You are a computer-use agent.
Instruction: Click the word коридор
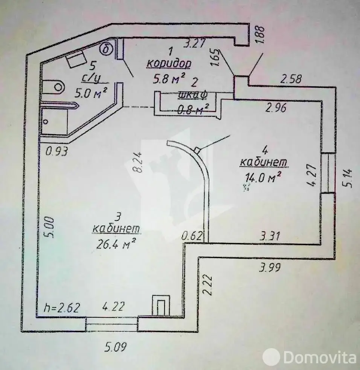coord(169,63)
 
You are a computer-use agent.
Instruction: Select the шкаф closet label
coord(192,95)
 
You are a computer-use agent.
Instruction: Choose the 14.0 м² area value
coord(264,177)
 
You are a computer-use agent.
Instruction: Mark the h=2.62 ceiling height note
coord(62,307)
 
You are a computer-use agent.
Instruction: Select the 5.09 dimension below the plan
coord(116,347)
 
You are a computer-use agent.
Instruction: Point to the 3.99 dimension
coord(270,268)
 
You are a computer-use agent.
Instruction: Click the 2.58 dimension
coord(291,79)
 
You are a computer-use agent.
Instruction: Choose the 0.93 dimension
coord(57,151)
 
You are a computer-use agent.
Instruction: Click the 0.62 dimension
coord(192,236)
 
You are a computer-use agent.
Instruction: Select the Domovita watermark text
coord(320,358)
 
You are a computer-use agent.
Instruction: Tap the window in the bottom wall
coord(111,324)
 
